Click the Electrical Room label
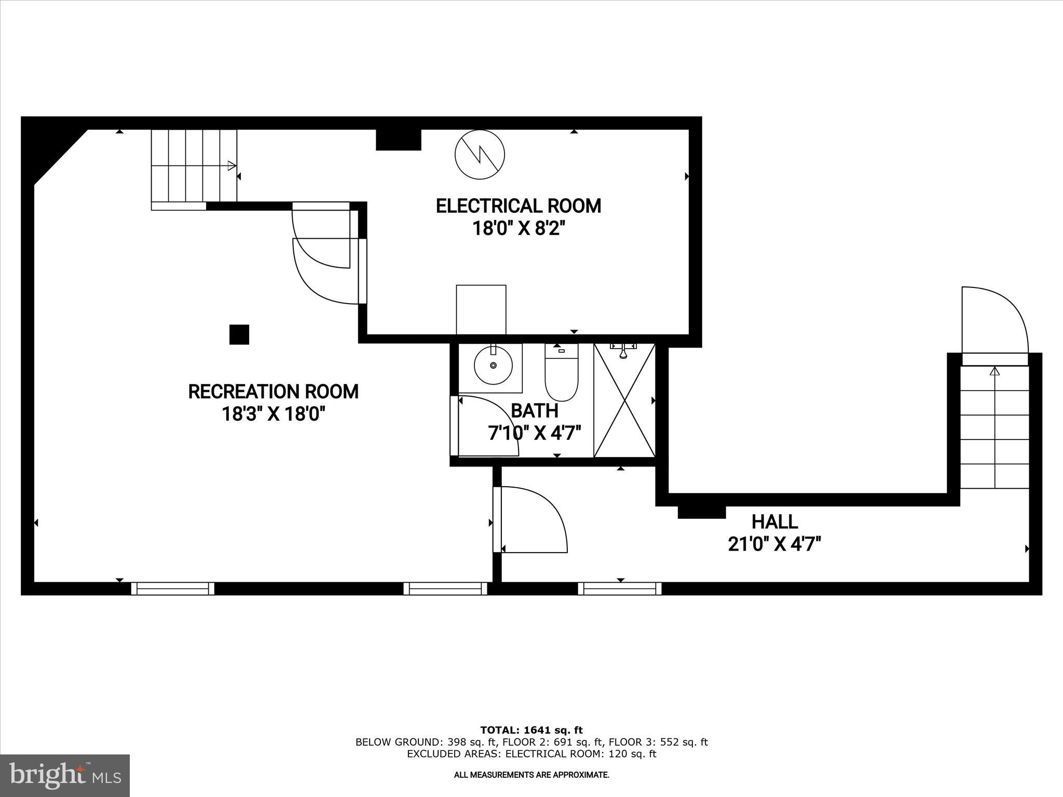pos(518,206)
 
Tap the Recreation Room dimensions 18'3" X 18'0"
pos(274,414)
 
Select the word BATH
pos(535,410)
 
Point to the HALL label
pos(774,521)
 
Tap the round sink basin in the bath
pos(493,365)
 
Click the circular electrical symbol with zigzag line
pos(480,154)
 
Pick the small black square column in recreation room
pos(239,335)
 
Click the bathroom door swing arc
pos(485,425)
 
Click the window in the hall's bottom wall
pos(620,588)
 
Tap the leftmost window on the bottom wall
pos(172,588)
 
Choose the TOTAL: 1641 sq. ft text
pos(531,730)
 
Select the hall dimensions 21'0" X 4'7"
pos(774,544)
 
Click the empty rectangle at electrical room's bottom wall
pos(481,309)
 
